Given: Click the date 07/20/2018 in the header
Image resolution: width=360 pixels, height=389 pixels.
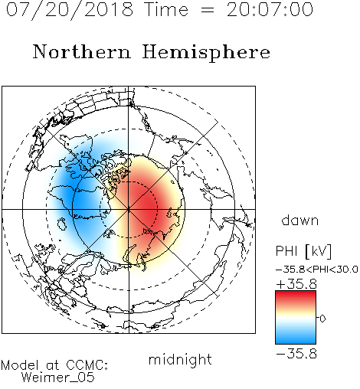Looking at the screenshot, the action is (x=70, y=10).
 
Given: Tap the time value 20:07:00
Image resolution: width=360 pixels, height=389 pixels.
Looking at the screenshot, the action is (x=270, y=10).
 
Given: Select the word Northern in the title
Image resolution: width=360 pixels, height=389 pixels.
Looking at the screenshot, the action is (x=82, y=51).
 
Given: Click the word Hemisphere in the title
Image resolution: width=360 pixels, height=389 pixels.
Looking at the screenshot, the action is (x=206, y=53).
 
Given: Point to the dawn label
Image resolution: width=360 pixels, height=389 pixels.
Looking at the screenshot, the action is (x=300, y=220).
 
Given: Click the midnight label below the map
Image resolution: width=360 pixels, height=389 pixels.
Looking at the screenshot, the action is (x=180, y=359).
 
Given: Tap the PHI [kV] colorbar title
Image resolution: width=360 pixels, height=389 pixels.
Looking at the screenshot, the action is (x=303, y=251).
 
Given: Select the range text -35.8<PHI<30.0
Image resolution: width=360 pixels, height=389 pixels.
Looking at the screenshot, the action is (x=317, y=270).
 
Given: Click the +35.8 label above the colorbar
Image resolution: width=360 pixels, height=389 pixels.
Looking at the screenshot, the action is (x=296, y=284).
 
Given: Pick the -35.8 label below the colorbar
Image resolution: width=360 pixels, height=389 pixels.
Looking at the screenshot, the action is (x=296, y=354).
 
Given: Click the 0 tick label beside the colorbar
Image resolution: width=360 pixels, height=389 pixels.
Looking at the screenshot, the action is (x=322, y=319).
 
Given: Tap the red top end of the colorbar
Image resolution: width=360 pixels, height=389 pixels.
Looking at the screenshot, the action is (x=296, y=293).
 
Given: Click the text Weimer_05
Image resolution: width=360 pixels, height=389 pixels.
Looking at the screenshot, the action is (x=58, y=377).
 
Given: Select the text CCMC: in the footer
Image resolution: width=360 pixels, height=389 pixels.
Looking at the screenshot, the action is (x=87, y=365).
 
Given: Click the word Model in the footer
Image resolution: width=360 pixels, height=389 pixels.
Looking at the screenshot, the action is (x=20, y=365).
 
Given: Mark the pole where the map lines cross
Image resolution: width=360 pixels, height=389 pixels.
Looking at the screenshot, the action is (x=129, y=209).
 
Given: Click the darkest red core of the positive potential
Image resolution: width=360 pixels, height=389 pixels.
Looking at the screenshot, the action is (x=146, y=204).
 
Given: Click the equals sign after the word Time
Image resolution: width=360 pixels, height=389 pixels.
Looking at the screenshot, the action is (x=208, y=10).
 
